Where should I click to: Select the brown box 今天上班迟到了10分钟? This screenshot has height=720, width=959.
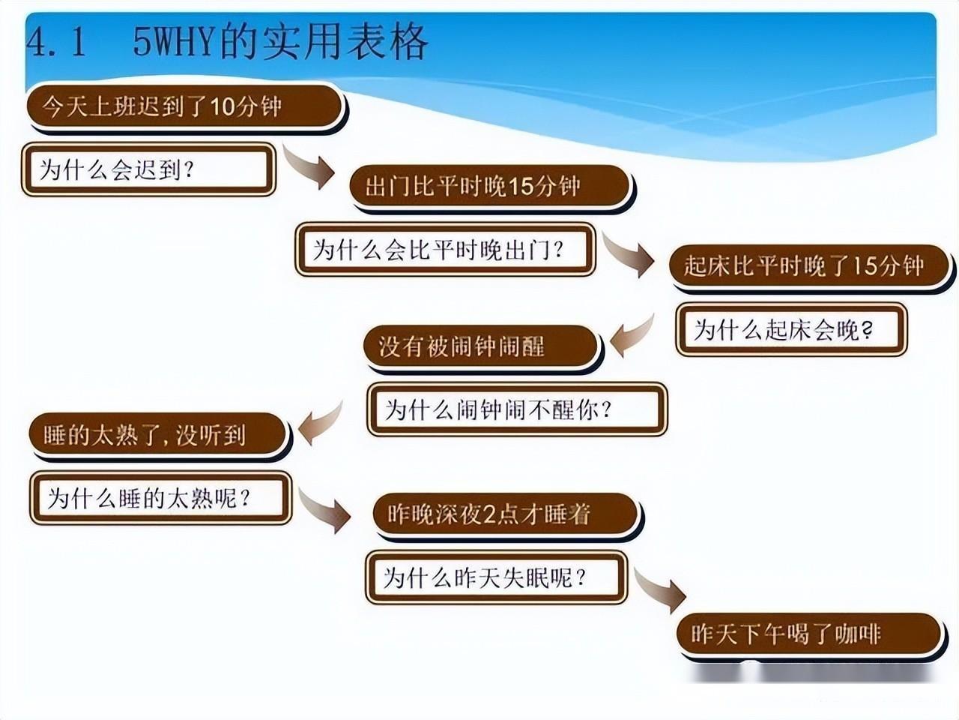tap(184, 107)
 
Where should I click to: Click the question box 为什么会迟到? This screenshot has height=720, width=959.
tap(148, 169)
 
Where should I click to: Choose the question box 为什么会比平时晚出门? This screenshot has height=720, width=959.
tap(445, 249)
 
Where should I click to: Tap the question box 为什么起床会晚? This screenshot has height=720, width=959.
tap(790, 329)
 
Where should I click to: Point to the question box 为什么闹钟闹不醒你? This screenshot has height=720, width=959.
tap(516, 409)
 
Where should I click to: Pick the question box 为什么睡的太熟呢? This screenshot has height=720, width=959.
tap(160, 497)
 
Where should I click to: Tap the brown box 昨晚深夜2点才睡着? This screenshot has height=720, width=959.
tap(506, 514)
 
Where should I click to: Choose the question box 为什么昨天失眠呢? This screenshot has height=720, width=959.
tap(495, 577)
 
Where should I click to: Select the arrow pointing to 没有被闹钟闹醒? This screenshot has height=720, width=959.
tap(632, 336)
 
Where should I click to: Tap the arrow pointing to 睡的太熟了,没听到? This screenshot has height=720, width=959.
tap(321, 424)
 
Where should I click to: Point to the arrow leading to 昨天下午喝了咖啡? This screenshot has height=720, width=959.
tap(661, 589)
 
